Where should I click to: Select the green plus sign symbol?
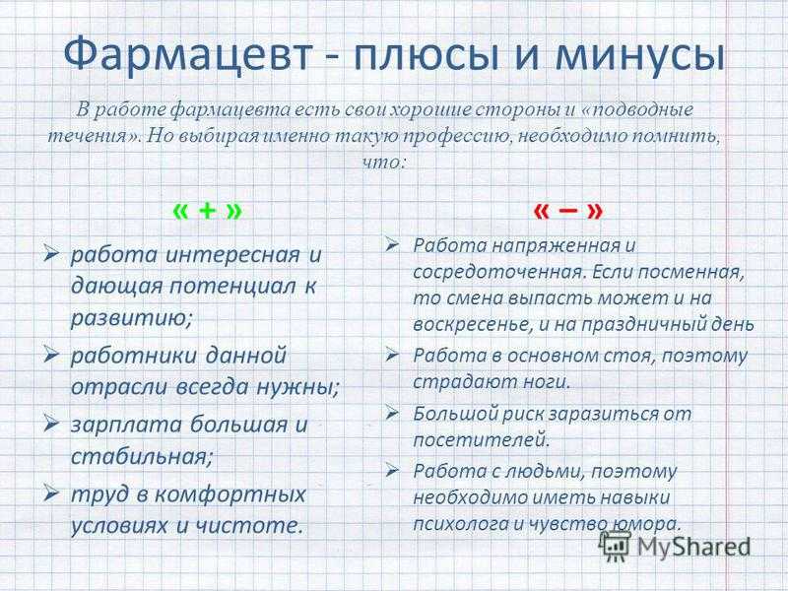coord(207,211)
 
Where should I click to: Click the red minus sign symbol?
coord(567,211)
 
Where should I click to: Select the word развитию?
coord(131,318)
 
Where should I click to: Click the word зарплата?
coord(126,426)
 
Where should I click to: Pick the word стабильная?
coord(142,457)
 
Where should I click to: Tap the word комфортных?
coord(230,494)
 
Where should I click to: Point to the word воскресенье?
coord(472,324)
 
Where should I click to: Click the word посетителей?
coord(480,440)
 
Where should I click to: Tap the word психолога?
coord(461,524)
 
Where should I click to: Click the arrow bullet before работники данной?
coord(52,355)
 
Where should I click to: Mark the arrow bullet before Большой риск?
coord(392,414)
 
